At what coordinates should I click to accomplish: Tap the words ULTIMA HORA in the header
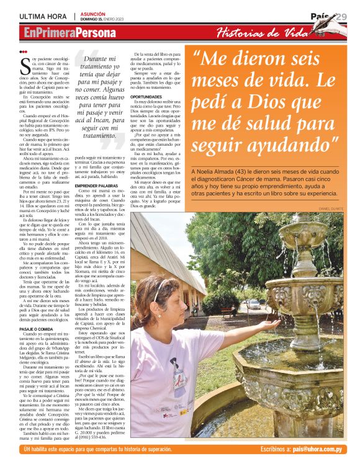click(43, 16)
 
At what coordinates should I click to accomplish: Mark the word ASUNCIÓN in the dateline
click(93, 13)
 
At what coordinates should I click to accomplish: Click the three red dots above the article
click(23, 51)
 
